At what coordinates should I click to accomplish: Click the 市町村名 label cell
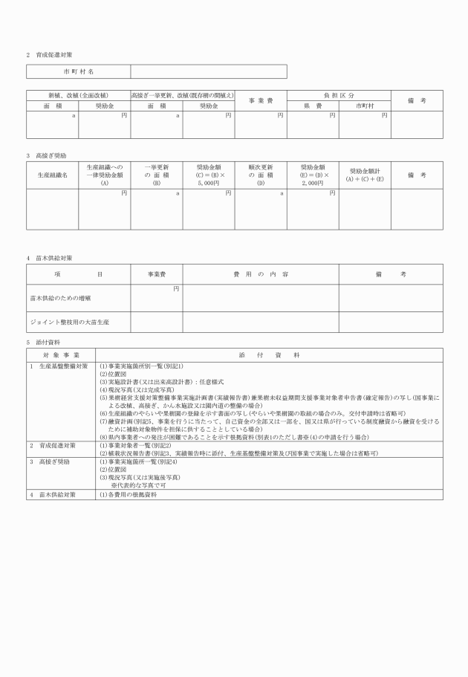point(78,71)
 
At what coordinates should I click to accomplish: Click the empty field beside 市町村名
point(209,71)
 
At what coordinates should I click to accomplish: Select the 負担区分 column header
point(339,96)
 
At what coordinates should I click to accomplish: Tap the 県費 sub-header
point(313,106)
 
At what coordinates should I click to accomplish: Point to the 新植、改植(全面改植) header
point(78,96)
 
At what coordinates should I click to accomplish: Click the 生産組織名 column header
point(52,175)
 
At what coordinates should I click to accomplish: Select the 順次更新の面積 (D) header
point(261,175)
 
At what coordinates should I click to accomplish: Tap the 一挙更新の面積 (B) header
point(157,175)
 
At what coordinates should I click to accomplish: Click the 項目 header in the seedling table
point(78,274)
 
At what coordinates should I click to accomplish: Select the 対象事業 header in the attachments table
point(62,355)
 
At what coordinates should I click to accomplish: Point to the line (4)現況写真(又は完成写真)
point(137,389)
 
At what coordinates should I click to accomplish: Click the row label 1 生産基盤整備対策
point(59,366)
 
